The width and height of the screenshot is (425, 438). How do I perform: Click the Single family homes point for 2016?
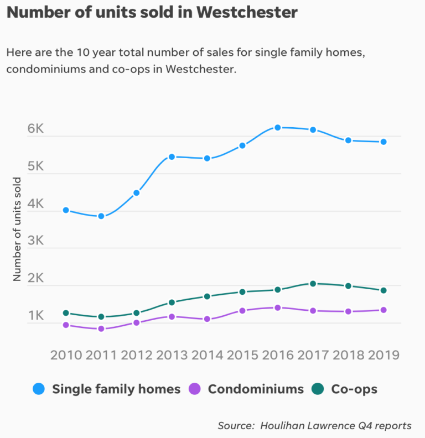pos(278,128)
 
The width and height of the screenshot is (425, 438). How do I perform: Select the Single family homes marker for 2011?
pos(101,216)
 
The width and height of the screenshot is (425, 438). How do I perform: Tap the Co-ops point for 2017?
pos(313,284)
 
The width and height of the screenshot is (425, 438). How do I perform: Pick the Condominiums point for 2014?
pos(207,319)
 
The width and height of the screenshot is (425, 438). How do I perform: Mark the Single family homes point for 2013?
pos(172,157)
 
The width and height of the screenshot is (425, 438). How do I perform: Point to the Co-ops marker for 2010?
pos(66,313)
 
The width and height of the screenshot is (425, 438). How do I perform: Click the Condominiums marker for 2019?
pos(383,310)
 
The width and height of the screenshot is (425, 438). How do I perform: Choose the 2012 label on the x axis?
pos(136,354)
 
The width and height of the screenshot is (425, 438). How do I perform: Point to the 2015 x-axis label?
pos(242,354)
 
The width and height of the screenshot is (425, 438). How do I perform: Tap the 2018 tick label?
pos(348,354)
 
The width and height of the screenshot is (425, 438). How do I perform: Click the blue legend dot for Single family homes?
pos(39,389)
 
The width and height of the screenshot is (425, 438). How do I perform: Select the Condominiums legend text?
pos(256,389)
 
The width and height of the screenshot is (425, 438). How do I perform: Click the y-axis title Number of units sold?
pos(17,229)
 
